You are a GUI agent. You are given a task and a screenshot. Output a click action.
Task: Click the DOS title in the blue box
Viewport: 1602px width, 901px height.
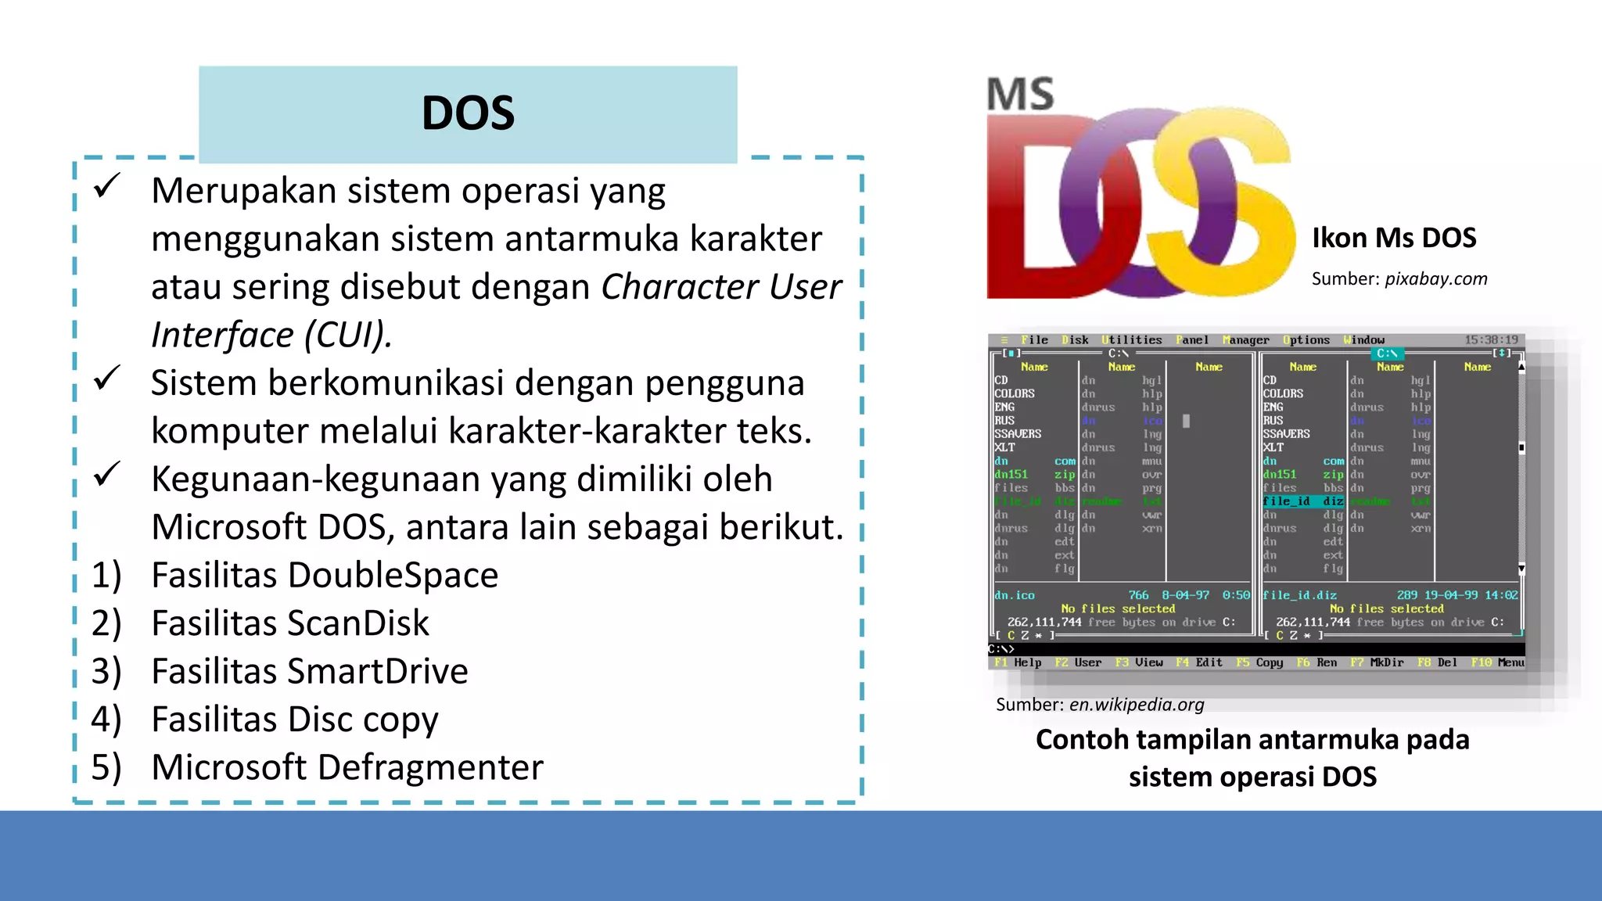(468, 113)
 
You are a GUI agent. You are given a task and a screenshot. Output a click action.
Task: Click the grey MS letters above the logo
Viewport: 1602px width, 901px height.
(1020, 94)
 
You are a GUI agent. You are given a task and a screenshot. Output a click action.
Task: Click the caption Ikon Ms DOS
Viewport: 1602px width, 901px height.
(1394, 238)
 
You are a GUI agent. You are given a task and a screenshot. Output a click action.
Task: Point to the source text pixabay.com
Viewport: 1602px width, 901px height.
(1436, 279)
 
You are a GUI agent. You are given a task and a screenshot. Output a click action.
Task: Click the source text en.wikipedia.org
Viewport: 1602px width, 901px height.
(1137, 705)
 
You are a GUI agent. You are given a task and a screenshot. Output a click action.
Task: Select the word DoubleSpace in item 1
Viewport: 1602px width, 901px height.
(393, 576)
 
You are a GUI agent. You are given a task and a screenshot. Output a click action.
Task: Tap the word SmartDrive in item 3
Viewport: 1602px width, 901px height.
(379, 672)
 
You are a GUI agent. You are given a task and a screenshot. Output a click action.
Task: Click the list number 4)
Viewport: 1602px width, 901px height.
(106, 720)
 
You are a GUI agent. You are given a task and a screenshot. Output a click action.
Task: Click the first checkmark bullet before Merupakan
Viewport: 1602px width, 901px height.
(106, 186)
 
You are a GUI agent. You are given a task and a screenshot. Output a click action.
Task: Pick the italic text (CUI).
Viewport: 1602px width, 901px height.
(348, 335)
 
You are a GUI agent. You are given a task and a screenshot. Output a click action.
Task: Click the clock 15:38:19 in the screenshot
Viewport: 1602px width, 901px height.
(1491, 340)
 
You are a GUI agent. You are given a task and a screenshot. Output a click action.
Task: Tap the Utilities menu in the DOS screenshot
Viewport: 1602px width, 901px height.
(1132, 340)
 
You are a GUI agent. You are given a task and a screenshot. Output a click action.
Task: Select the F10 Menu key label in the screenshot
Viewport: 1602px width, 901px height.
(1497, 662)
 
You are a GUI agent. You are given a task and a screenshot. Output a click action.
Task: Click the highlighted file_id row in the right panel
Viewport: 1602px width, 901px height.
(1302, 501)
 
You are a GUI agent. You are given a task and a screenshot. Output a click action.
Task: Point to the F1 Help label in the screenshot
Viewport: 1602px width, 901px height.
(1018, 662)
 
